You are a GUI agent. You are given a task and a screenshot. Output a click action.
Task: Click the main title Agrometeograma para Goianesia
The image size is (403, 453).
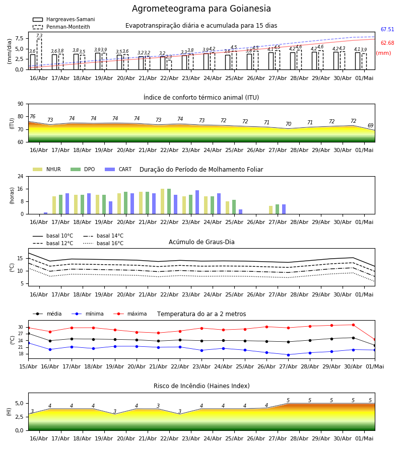[201, 9]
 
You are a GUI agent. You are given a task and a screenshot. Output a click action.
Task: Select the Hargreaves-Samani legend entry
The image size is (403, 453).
[63, 19]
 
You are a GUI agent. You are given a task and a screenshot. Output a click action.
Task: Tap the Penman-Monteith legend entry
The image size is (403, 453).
[61, 27]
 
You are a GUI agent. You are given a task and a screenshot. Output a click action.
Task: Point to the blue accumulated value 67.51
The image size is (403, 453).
[387, 30]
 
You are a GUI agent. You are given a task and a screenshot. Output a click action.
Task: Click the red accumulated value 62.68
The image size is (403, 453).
[387, 43]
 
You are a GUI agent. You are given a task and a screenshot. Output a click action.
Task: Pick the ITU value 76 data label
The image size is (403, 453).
[33, 116]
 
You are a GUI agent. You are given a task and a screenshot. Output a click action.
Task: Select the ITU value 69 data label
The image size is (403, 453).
[370, 125]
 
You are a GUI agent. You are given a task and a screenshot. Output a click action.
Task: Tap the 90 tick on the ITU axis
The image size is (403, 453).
[21, 104]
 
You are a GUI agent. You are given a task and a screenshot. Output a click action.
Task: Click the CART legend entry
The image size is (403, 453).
[118, 169]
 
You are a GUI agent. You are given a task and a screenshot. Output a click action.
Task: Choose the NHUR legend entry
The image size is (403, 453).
[47, 169]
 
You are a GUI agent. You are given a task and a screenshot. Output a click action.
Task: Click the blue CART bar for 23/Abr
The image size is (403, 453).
[197, 202]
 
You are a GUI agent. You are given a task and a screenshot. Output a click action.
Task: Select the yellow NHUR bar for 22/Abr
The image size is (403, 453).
[163, 201]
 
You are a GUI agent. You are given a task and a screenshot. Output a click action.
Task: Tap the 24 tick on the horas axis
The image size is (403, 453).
[21, 176]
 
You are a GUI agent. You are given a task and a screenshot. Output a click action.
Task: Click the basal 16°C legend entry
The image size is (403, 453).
[103, 243]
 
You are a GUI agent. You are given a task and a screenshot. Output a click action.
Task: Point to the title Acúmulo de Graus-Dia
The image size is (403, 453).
[201, 242]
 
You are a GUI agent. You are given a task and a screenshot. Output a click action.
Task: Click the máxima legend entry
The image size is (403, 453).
[130, 314]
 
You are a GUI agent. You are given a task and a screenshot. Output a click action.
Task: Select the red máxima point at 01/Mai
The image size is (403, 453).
[375, 340]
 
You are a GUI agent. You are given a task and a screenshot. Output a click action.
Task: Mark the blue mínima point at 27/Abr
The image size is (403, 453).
[288, 355]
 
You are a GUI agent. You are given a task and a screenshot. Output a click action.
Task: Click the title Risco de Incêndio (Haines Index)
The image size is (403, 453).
[201, 386]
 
